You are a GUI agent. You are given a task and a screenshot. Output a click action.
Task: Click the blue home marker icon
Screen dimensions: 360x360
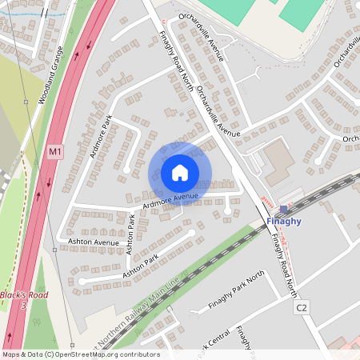point(180,172)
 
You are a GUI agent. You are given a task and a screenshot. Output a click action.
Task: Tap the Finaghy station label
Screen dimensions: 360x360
point(284,220)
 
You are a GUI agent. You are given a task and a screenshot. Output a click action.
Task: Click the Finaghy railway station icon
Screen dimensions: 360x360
point(283,209)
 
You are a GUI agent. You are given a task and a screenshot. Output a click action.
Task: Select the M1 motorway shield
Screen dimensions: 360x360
point(54,151)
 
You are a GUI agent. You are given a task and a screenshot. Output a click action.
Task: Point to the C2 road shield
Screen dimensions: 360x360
point(301,307)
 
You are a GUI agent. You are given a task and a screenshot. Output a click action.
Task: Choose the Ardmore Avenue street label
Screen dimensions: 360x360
point(170,201)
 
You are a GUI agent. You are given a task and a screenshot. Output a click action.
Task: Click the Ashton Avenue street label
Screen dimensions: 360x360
point(94,242)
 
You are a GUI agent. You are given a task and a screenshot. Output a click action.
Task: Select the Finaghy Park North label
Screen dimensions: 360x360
point(236,291)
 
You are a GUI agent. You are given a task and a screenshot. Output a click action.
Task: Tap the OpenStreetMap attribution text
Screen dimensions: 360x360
point(81,354)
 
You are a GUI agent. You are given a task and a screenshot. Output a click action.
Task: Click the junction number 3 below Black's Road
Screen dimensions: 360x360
point(24,306)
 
